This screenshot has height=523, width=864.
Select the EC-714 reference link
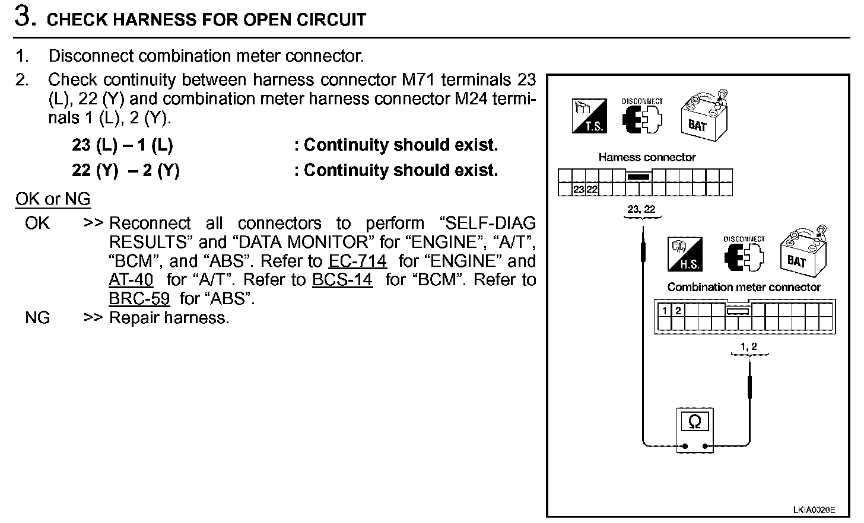[357, 261]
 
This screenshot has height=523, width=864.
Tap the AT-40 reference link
[131, 280]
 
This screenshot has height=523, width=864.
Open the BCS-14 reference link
[342, 280]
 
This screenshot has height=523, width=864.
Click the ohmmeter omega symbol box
[695, 422]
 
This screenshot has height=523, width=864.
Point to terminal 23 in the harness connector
[579, 190]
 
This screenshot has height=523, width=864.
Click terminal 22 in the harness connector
[592, 190]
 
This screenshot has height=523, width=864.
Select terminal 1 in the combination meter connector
[665, 311]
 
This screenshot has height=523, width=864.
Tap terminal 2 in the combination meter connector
[678, 311]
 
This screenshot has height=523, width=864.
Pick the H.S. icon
[686, 254]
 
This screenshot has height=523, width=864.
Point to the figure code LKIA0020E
[814, 509]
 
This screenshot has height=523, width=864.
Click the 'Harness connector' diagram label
[647, 157]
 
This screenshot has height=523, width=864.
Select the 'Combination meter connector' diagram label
[744, 287]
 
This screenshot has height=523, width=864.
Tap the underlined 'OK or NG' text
[53, 199]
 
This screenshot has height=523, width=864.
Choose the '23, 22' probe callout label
[641, 209]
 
